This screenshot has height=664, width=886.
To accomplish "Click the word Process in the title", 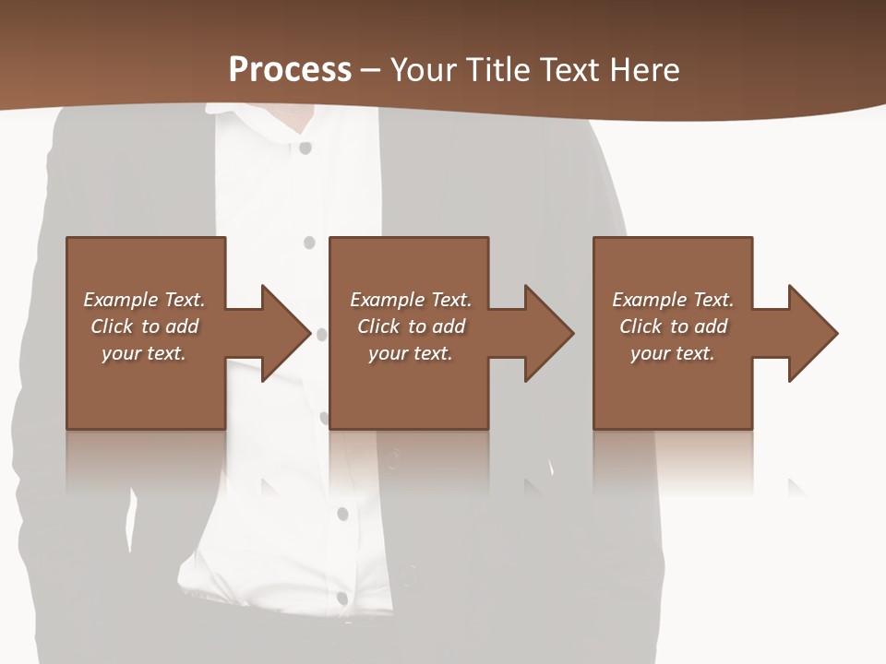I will (x=290, y=69).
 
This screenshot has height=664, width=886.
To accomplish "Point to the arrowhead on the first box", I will (x=281, y=333).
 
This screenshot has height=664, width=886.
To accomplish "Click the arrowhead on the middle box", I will (x=545, y=333).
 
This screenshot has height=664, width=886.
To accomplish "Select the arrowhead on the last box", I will (x=809, y=333).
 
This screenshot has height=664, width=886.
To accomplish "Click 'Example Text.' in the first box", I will (x=144, y=300).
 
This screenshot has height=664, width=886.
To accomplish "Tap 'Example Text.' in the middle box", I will (x=411, y=300).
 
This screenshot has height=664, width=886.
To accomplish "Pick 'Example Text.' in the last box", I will (x=673, y=300).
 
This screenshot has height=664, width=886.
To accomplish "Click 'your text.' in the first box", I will (x=144, y=353).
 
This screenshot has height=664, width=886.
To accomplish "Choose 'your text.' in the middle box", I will (x=411, y=353).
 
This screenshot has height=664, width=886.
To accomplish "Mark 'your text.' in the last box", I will (x=673, y=353).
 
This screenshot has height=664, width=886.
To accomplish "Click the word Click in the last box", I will (x=641, y=326).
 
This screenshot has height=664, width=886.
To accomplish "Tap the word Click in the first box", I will (x=113, y=326).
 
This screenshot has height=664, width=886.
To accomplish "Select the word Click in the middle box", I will (x=379, y=326).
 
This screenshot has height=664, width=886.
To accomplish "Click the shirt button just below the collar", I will (x=305, y=147).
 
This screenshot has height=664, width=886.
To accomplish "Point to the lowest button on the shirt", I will (x=342, y=598).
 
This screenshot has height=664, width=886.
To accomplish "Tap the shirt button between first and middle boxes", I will (x=309, y=243).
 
